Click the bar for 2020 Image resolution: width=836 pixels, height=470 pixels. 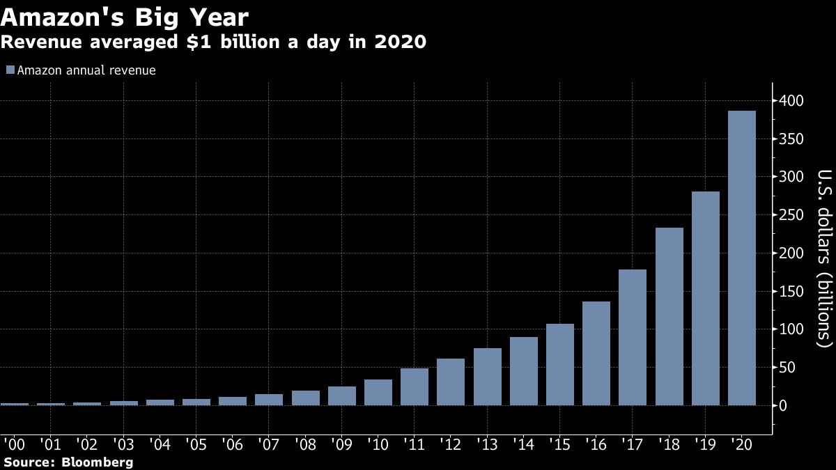point(741,258)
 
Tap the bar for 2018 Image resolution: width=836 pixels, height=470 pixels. point(669,316)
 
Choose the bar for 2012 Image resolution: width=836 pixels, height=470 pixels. point(451,382)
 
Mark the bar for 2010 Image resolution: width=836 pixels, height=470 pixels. point(378,392)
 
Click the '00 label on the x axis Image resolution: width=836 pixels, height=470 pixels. point(15,444)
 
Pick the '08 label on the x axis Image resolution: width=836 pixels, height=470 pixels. point(305,444)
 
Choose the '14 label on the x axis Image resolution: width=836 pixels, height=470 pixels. point(523,444)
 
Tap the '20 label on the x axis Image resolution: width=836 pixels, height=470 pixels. point(741,444)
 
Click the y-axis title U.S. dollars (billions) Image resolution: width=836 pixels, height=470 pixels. point(824,258)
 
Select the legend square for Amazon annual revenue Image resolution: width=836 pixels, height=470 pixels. point(10,70)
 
